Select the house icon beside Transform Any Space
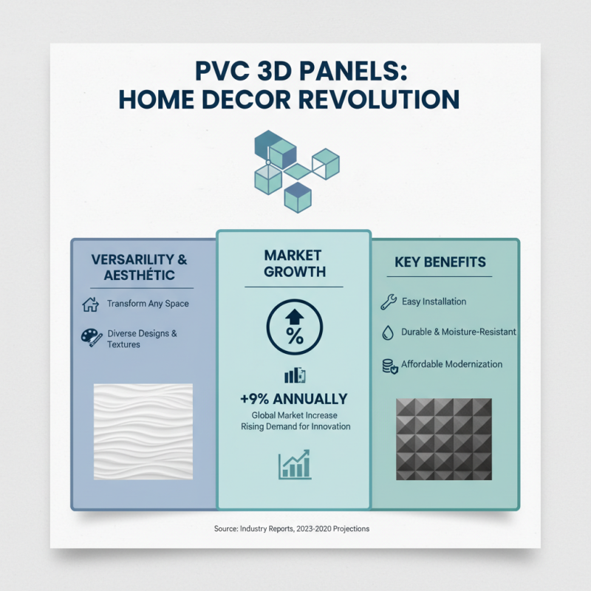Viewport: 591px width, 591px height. (x=90, y=304)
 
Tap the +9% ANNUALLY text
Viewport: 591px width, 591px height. (x=293, y=399)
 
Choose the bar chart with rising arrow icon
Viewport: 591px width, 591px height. (x=294, y=465)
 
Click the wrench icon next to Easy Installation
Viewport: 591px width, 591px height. (x=388, y=301)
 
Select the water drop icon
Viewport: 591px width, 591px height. (x=388, y=332)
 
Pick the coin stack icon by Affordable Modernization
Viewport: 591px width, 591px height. (x=389, y=365)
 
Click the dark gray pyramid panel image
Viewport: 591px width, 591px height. (x=443, y=440)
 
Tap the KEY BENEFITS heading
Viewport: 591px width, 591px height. (x=440, y=262)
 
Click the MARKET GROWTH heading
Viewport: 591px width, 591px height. (x=294, y=263)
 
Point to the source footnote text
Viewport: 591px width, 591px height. (x=291, y=529)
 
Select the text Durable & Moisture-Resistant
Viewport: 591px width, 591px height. (x=458, y=332)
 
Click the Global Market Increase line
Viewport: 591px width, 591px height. (x=294, y=415)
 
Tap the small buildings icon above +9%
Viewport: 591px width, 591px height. (x=294, y=376)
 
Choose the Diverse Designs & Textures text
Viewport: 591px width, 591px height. (x=142, y=338)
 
